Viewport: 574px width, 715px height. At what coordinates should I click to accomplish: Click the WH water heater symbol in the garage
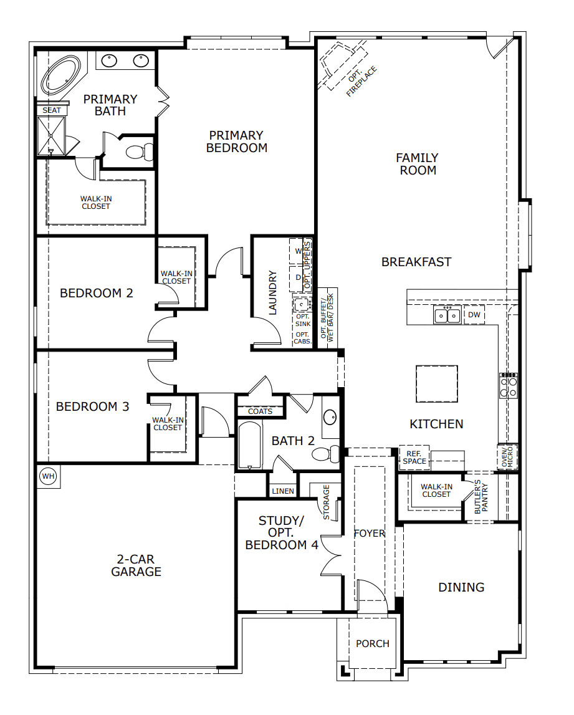point(49,476)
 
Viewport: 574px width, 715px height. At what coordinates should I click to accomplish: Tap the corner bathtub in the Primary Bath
point(60,75)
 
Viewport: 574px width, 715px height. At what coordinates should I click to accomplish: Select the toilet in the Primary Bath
point(140,151)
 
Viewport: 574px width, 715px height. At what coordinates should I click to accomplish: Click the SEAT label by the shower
point(52,110)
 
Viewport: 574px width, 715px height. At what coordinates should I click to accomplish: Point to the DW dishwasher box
point(474,315)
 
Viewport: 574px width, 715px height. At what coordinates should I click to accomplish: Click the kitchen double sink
point(447,315)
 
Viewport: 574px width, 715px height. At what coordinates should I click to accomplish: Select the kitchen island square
point(436,384)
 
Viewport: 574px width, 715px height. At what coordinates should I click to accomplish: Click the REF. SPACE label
point(414,458)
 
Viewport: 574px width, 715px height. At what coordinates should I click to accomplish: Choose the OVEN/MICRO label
point(507,456)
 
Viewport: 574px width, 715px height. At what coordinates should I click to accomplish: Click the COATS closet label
point(260,411)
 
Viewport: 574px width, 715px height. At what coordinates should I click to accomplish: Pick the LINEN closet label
point(283,491)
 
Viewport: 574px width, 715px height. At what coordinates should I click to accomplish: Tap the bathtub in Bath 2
point(249,445)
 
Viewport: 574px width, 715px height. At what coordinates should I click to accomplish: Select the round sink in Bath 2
point(330,417)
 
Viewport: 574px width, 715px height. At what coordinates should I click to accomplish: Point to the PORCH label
point(373,644)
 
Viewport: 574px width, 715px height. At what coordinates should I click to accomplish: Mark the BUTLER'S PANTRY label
point(481,497)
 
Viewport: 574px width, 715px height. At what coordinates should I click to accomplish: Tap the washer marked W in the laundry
point(297,251)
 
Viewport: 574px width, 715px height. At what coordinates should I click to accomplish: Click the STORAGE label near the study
point(326,502)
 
